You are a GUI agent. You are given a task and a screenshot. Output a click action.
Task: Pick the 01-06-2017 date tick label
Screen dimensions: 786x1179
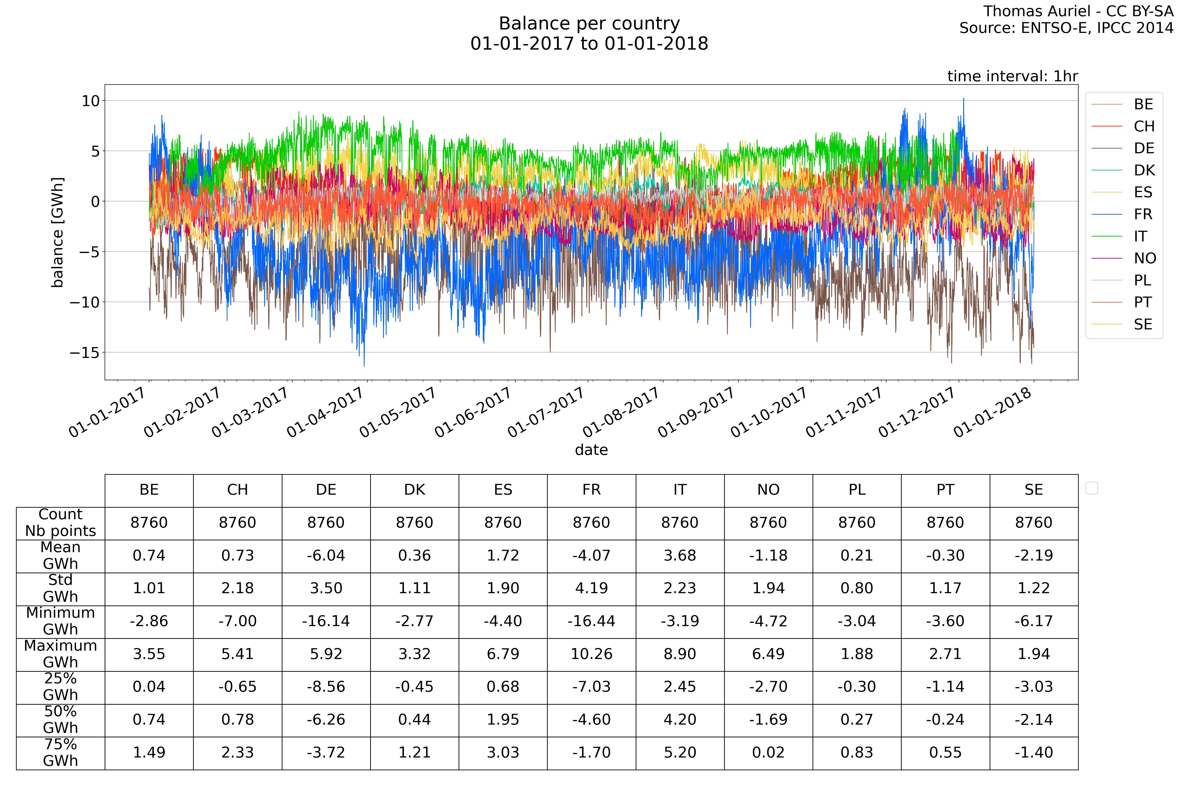tap(473, 413)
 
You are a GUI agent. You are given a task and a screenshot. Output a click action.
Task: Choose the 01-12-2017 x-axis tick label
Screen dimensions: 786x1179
tap(916, 413)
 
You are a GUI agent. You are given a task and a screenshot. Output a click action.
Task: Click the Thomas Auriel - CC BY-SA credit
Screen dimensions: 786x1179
tap(1078, 11)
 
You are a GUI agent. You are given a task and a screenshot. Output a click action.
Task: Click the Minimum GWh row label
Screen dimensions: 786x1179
tap(61, 621)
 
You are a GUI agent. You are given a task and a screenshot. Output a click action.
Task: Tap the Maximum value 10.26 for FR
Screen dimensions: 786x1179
tap(591, 654)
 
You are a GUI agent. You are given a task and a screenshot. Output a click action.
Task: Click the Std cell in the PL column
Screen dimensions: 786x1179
tap(857, 589)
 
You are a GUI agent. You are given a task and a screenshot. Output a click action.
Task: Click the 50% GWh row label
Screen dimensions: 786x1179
tap(61, 720)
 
